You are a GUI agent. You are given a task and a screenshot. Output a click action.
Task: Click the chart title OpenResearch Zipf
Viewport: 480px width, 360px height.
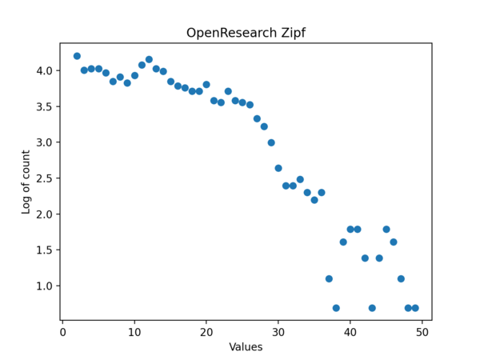point(246,34)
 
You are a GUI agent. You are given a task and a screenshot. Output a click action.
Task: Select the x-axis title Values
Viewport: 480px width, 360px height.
point(246,347)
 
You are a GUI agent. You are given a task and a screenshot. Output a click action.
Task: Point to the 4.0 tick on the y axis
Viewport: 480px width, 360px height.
point(44,70)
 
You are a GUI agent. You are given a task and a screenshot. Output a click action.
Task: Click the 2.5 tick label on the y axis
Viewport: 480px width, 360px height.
point(44,178)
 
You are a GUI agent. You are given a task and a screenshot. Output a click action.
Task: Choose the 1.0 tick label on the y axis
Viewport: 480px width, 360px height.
point(44,286)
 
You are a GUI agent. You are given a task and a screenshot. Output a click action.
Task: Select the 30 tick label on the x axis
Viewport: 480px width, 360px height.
point(278,332)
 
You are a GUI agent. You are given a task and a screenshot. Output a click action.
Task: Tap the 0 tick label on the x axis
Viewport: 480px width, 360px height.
point(62,332)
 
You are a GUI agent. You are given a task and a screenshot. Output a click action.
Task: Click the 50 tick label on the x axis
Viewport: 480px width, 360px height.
point(422,332)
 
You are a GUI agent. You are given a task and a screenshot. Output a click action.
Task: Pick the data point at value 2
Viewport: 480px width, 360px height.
point(77,56)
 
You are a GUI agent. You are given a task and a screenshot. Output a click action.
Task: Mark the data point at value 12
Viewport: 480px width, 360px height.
point(149,59)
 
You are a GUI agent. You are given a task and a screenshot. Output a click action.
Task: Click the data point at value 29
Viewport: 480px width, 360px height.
point(271,142)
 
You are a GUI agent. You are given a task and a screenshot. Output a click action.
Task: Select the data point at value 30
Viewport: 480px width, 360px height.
point(278,168)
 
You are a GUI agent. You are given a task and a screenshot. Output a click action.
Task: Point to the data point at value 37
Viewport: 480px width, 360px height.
point(329,278)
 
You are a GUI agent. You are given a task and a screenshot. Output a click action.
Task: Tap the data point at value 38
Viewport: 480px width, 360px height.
point(336,308)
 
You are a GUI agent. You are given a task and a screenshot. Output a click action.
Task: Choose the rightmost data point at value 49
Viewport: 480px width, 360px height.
point(415,308)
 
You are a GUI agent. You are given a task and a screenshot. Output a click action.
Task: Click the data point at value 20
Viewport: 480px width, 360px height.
point(206,84)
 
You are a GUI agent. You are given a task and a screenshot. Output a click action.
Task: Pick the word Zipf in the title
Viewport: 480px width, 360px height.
point(292,34)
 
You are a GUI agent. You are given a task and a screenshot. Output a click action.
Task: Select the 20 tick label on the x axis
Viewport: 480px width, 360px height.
point(206,332)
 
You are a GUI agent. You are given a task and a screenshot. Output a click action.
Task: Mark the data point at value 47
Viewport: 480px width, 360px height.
point(401,278)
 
